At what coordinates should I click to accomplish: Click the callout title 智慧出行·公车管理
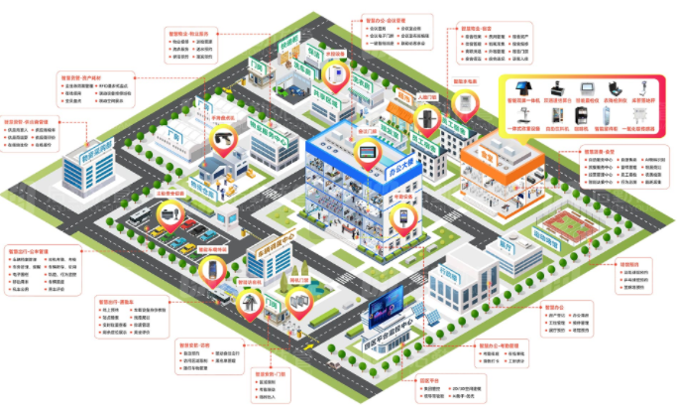click(x=35, y=251)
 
